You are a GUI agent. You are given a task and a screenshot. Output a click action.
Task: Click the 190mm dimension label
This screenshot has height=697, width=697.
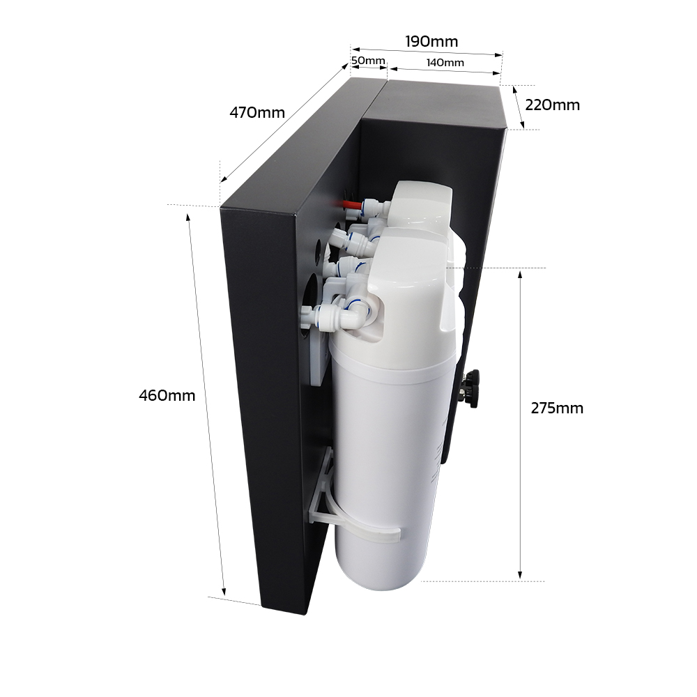pyautogui.click(x=431, y=42)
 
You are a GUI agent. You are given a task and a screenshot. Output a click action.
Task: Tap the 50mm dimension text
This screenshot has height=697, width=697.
pyautogui.click(x=368, y=61)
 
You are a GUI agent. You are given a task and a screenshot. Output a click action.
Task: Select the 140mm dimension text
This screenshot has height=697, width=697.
pyautogui.click(x=445, y=63)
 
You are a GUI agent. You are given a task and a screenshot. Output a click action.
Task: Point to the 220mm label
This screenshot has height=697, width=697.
pyautogui.click(x=552, y=105)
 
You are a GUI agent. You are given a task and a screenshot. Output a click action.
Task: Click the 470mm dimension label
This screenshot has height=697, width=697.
pyautogui.click(x=257, y=112)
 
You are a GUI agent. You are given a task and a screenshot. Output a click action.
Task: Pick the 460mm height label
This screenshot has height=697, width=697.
pyautogui.click(x=167, y=396)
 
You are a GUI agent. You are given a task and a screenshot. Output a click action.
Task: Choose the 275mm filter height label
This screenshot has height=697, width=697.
pyautogui.click(x=557, y=408)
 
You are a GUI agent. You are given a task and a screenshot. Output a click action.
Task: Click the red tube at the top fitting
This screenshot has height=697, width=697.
pyautogui.click(x=351, y=206)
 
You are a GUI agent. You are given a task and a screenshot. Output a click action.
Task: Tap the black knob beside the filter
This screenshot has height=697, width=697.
pyautogui.click(x=472, y=388)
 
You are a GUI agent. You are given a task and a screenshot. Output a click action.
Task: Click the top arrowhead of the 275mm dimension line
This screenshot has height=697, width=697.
pyautogui.click(x=520, y=274)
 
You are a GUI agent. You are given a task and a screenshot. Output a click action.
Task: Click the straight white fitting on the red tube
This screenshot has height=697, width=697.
pyautogui.click(x=374, y=207)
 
